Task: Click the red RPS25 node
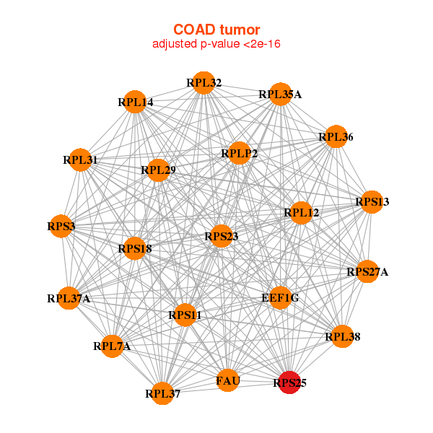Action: pyautogui.click(x=289, y=382)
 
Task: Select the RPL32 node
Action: pyautogui.click(x=204, y=83)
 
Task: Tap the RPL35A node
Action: pyautogui.click(x=280, y=94)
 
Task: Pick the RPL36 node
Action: pyautogui.click(x=336, y=136)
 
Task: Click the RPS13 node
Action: pyautogui.click(x=372, y=202)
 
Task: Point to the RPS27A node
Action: pyautogui.click(x=367, y=271)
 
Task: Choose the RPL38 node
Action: pyautogui.click(x=342, y=336)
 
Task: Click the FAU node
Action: pyautogui.click(x=227, y=380)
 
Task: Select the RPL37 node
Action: pyautogui.click(x=162, y=393)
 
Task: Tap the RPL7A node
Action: pyautogui.click(x=112, y=346)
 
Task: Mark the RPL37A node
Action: pyautogui.click(x=69, y=298)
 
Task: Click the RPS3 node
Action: pyautogui.click(x=61, y=226)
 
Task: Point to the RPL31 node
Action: pyautogui.click(x=80, y=160)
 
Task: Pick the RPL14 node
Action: pyautogui.click(x=134, y=102)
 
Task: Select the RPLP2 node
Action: pyautogui.click(x=239, y=153)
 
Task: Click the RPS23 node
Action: pyautogui.click(x=221, y=236)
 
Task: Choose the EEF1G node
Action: pyautogui.click(x=280, y=297)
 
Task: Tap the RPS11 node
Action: pyautogui.click(x=185, y=315)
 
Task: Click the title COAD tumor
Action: pyautogui.click(x=216, y=30)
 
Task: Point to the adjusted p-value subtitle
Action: pyautogui.click(x=216, y=44)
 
